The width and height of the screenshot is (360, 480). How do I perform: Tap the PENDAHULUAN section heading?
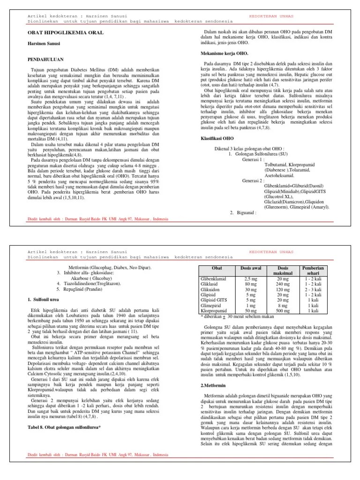pyautogui.click(x=47, y=60)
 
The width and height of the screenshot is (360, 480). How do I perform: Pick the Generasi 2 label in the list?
pyautogui.click(x=253, y=180)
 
